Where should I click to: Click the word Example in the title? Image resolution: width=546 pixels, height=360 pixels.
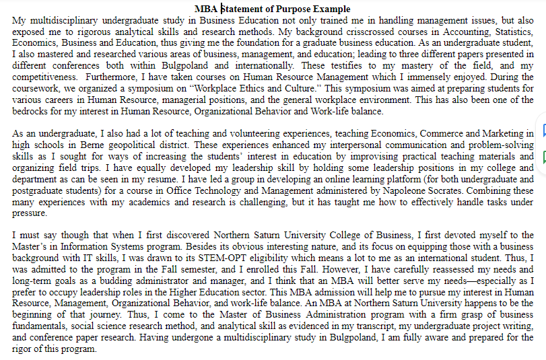331,9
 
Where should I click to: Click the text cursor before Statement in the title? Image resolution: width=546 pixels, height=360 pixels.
221,9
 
